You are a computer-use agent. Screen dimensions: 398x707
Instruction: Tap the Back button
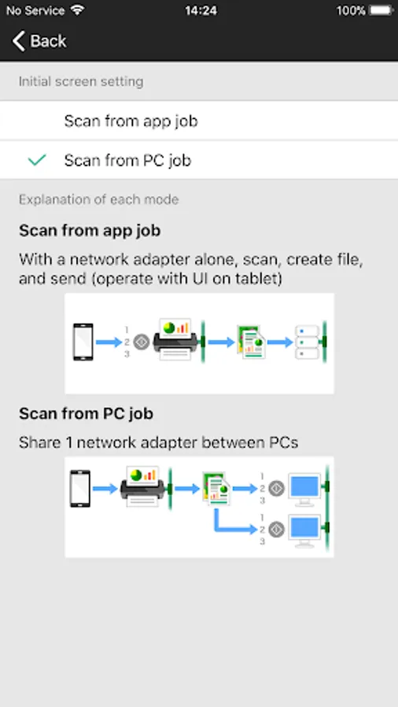[39, 41]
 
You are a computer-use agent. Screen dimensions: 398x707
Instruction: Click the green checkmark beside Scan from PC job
[36, 160]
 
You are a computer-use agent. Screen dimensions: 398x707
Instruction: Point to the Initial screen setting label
[81, 82]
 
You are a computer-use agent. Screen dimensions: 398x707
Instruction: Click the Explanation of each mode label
[99, 200]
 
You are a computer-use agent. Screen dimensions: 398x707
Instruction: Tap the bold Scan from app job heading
[90, 230]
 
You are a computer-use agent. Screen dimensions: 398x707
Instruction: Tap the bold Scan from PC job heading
[87, 413]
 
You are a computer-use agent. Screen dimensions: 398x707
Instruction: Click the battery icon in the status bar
[381, 10]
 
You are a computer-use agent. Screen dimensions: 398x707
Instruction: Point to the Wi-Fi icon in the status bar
[77, 10]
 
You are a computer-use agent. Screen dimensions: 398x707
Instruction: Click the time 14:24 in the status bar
[201, 10]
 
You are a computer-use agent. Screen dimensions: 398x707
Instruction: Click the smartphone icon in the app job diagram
[83, 342]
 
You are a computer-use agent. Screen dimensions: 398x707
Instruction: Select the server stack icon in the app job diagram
[308, 343]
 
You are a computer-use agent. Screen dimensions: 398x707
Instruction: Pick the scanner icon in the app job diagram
[175, 340]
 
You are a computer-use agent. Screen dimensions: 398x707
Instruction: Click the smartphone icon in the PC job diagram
[80, 489]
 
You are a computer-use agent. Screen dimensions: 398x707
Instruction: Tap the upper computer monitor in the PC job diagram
[305, 489]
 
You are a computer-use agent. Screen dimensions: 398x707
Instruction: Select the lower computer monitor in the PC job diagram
[305, 531]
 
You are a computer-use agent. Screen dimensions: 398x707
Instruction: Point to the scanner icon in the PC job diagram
[142, 486]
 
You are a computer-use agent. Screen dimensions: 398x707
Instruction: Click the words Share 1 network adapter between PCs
[158, 442]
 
